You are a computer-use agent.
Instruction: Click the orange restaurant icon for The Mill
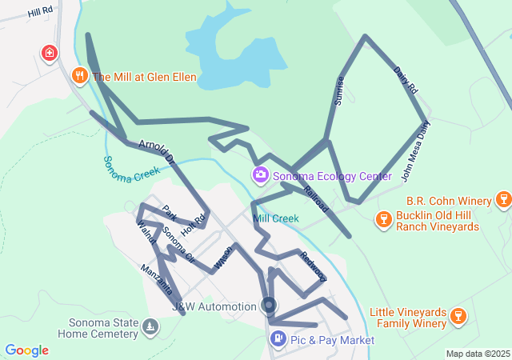79,76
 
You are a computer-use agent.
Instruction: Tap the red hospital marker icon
50,54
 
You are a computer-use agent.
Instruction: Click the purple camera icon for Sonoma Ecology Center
260,174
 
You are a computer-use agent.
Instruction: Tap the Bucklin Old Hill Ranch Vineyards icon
382,218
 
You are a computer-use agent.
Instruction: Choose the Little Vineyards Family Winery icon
458,317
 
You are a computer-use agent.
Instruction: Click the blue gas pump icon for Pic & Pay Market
277,339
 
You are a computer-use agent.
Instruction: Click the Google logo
26,350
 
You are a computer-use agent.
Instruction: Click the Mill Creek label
275,218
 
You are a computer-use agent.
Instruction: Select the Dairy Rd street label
406,82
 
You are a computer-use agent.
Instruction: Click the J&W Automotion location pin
269,306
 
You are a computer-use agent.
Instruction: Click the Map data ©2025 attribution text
477,354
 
